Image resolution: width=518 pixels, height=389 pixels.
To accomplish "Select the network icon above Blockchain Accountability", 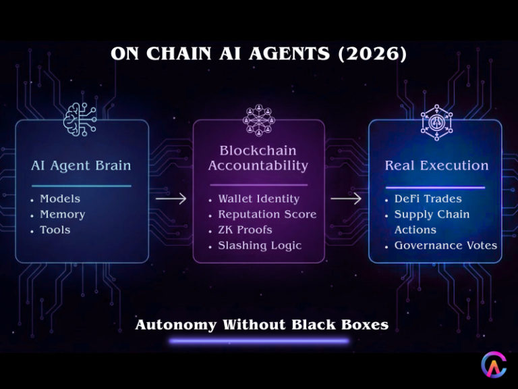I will click(260, 120).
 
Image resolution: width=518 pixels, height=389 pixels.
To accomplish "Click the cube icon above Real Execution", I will click(436, 122).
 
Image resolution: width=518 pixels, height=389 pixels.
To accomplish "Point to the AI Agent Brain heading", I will click(81, 165).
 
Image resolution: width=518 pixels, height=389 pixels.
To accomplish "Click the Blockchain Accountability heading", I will click(258, 158).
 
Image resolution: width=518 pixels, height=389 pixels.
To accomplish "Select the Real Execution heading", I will click(436, 165).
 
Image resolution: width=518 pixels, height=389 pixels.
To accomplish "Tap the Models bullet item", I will click(60, 199).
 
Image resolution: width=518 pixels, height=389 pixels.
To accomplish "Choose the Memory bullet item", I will click(63, 214).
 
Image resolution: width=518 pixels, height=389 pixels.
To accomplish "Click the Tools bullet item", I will click(55, 230).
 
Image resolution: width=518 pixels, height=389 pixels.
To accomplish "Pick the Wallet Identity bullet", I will click(258, 199).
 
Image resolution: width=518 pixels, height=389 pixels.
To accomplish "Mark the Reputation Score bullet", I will click(267, 214).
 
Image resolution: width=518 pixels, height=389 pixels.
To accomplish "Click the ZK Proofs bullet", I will click(245, 230).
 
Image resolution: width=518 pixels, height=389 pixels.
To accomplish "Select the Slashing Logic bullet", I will click(260, 245).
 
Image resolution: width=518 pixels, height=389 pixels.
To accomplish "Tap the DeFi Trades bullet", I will click(428, 199).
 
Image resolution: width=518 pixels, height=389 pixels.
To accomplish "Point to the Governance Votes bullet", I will click(446, 245).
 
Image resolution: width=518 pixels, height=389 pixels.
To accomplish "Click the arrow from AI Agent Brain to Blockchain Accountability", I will click(171, 199).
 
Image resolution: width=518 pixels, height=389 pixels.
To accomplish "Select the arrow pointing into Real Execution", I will click(346, 199).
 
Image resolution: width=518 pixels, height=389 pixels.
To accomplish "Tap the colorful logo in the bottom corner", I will click(494, 365).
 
